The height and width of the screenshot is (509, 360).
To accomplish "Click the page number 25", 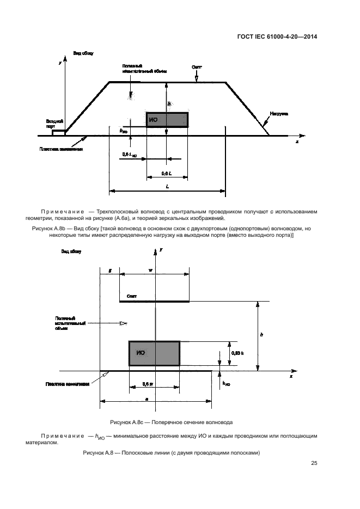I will pos(314,463).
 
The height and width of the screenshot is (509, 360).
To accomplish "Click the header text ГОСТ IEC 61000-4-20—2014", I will pos(277,37).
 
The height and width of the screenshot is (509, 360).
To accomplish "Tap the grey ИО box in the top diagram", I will pos(167,120).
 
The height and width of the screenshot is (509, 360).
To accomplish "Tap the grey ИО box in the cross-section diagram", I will pos(154,353).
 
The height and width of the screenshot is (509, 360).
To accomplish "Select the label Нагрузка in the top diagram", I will pos(278,113).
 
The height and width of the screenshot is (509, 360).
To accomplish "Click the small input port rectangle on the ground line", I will pos(58,132).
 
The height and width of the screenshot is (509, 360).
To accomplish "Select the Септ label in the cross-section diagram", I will pos(131,296).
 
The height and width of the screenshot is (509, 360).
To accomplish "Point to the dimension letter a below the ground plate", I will pos(148,398).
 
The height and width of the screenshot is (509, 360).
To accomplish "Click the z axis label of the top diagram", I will pos(297,142).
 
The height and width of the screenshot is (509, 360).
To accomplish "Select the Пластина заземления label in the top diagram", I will pos(61,149).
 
